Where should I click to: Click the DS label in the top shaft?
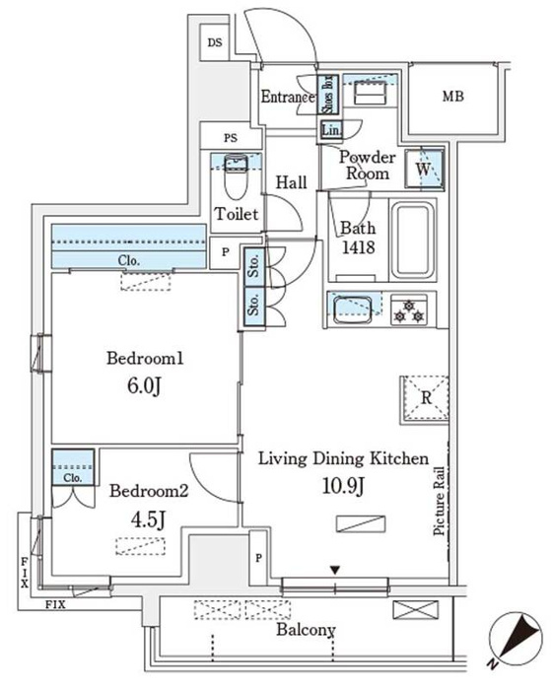pos(215,42)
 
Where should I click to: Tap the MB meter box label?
pos(453,96)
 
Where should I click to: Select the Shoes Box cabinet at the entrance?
pos(328,95)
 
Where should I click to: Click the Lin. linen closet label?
pos(331,130)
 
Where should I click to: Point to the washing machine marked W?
pos(424,169)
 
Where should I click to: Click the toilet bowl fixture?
pos(237,177)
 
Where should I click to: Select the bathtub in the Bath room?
pos(412,240)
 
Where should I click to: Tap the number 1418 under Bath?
pos(359,247)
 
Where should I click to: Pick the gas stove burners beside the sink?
pos(409,310)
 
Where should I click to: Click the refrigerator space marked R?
pos(425,399)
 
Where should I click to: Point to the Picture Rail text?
pos(439,501)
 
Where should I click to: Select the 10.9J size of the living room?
pos(343,486)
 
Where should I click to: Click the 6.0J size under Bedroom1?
pos(144,386)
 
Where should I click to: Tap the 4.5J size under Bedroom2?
pos(148,519)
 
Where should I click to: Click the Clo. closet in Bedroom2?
pos(73,467)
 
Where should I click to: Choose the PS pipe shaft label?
pos(231,138)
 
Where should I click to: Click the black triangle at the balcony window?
pos(335,571)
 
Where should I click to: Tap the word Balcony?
pos(306,630)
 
